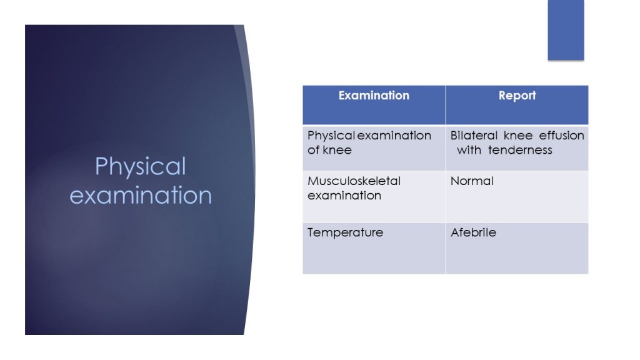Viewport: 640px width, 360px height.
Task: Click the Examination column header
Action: point(374,96)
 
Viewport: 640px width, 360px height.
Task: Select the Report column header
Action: point(517,96)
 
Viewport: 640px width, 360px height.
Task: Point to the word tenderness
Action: point(520,150)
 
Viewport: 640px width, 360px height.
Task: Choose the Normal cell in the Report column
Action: point(472,181)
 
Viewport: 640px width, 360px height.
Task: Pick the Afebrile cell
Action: point(473,232)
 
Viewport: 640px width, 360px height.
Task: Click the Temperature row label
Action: point(345,232)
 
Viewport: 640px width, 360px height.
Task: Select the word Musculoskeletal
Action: point(354,181)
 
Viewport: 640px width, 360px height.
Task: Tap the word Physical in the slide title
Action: point(141,167)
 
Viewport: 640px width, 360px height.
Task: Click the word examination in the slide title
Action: point(141,195)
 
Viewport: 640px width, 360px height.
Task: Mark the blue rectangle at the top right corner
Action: point(566,29)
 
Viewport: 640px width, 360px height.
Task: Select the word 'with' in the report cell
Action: point(469,150)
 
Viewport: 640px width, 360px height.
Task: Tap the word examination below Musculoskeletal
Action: point(344,196)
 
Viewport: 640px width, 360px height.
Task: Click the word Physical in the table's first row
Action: point(331,136)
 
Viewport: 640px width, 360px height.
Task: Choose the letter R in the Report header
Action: point(502,96)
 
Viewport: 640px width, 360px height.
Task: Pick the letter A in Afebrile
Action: point(454,232)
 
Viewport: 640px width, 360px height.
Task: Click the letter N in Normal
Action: point(454,181)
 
